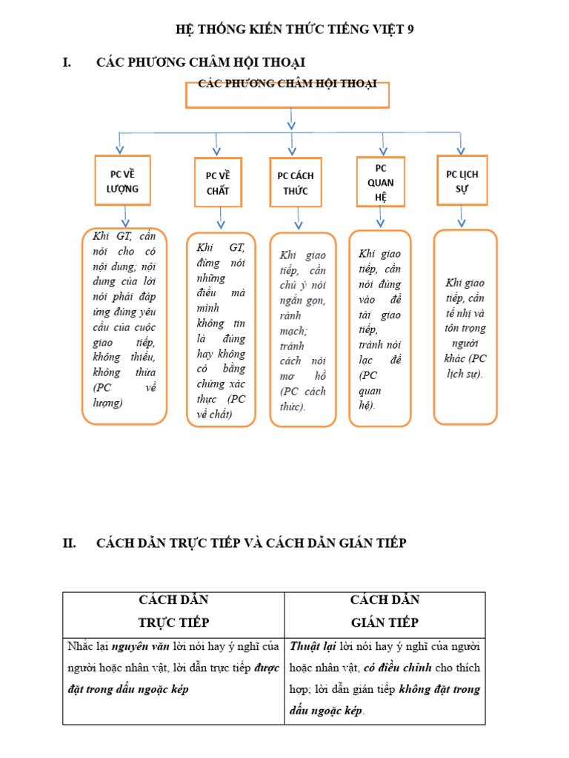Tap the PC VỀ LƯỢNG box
point(123,181)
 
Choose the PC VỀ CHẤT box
point(218,183)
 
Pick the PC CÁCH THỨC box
point(296,183)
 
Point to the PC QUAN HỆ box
point(380,182)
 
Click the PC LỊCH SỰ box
point(462,180)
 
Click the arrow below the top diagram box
point(291,118)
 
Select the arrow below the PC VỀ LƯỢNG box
point(125,216)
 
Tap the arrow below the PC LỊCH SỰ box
point(462,215)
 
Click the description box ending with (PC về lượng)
point(124,326)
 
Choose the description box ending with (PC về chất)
point(221,330)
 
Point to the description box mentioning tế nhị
point(465,327)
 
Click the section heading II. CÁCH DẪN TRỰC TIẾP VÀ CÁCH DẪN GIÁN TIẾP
point(251,543)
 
